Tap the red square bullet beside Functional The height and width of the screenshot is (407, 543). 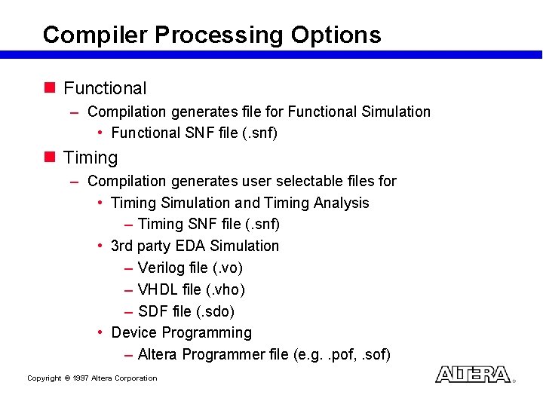point(50,87)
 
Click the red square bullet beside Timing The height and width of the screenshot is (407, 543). point(50,157)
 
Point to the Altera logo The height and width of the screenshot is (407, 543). point(473,375)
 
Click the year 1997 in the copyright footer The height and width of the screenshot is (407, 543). point(81,378)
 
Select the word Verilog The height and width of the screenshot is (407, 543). point(164,268)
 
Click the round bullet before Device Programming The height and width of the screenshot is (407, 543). point(100,333)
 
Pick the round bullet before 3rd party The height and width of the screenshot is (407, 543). point(100,246)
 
